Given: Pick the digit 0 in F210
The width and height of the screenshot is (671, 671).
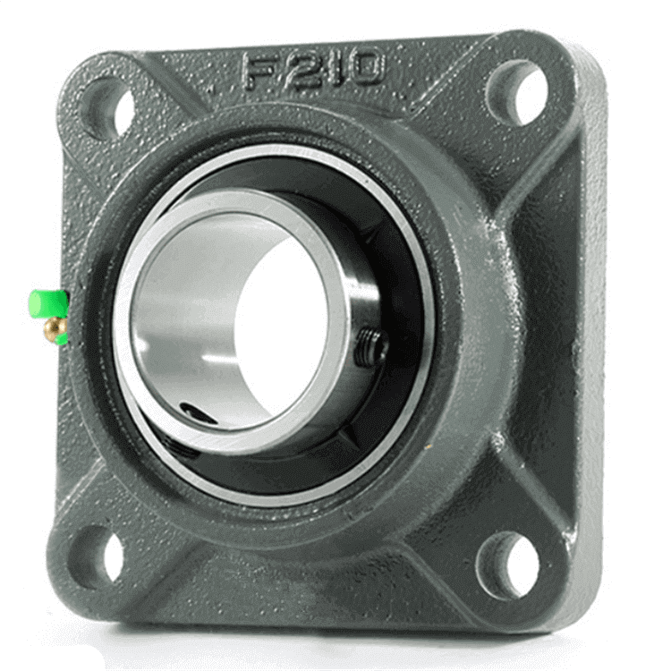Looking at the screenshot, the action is [x=362, y=65].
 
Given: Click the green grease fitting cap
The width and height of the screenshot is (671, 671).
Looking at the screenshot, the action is [x=48, y=305].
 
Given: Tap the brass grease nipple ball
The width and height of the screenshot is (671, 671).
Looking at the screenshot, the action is [x=54, y=328].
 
